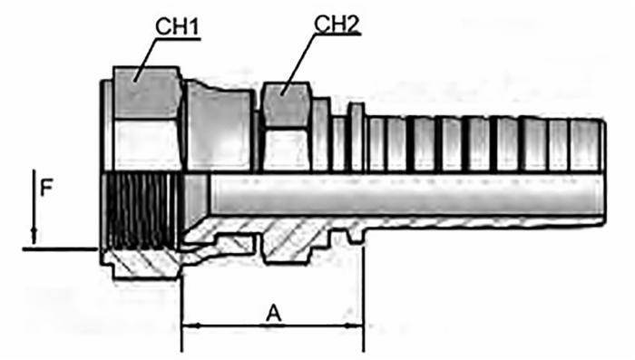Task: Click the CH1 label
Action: coord(178,28)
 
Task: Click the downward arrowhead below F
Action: coord(34,238)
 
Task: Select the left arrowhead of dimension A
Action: coord(189,324)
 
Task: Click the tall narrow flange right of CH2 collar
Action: coord(356,136)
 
